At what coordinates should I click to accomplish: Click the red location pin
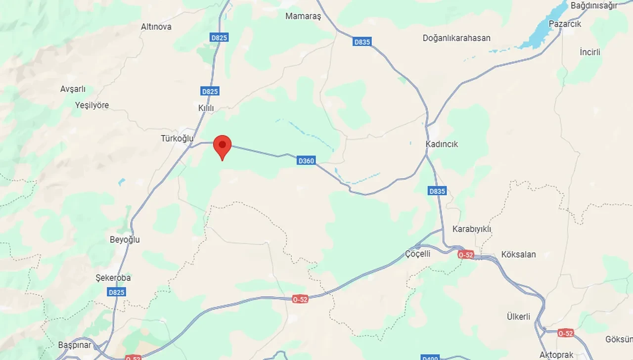pos(223,145)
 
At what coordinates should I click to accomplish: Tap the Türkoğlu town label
pos(177,138)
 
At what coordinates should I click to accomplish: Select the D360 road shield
pos(306,161)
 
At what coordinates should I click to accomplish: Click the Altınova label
pos(156,27)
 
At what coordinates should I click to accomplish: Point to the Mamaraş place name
pos(303,16)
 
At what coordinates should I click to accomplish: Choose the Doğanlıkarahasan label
pos(456,38)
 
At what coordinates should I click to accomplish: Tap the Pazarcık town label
pos(565,24)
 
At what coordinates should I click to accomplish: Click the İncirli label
pos(589,52)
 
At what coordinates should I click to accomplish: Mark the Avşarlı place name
pos(73,89)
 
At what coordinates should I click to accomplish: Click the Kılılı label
pos(206,108)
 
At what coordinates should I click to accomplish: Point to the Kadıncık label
pos(442,144)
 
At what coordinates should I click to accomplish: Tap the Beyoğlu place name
pos(125,240)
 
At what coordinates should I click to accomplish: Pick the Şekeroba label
pos(113,278)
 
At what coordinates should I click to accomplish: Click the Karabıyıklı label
pos(472,229)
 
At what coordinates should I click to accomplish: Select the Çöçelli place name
pos(417,254)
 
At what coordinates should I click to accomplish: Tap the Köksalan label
pos(518,255)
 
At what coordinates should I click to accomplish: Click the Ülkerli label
pos(518,316)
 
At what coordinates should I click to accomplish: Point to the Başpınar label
pos(75,345)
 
